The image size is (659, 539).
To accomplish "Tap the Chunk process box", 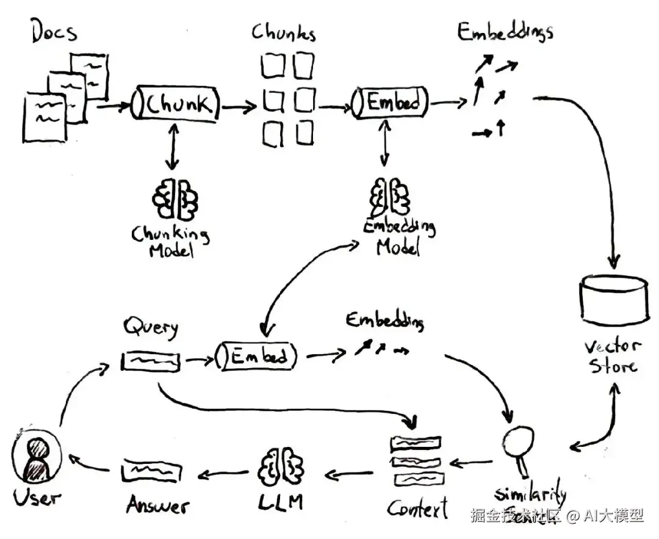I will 175,104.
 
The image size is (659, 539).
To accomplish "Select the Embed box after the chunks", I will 389,101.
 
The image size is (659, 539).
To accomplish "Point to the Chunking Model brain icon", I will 175,199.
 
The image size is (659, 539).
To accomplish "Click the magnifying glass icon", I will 519,444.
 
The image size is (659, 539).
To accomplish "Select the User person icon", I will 37,459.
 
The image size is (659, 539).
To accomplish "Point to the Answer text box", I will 151,471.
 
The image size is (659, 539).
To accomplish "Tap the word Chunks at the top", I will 284,32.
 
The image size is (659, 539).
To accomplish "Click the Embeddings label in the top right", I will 505,32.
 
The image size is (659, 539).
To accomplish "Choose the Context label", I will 417,508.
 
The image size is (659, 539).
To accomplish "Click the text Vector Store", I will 613,357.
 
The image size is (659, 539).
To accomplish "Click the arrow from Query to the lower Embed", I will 196,360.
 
